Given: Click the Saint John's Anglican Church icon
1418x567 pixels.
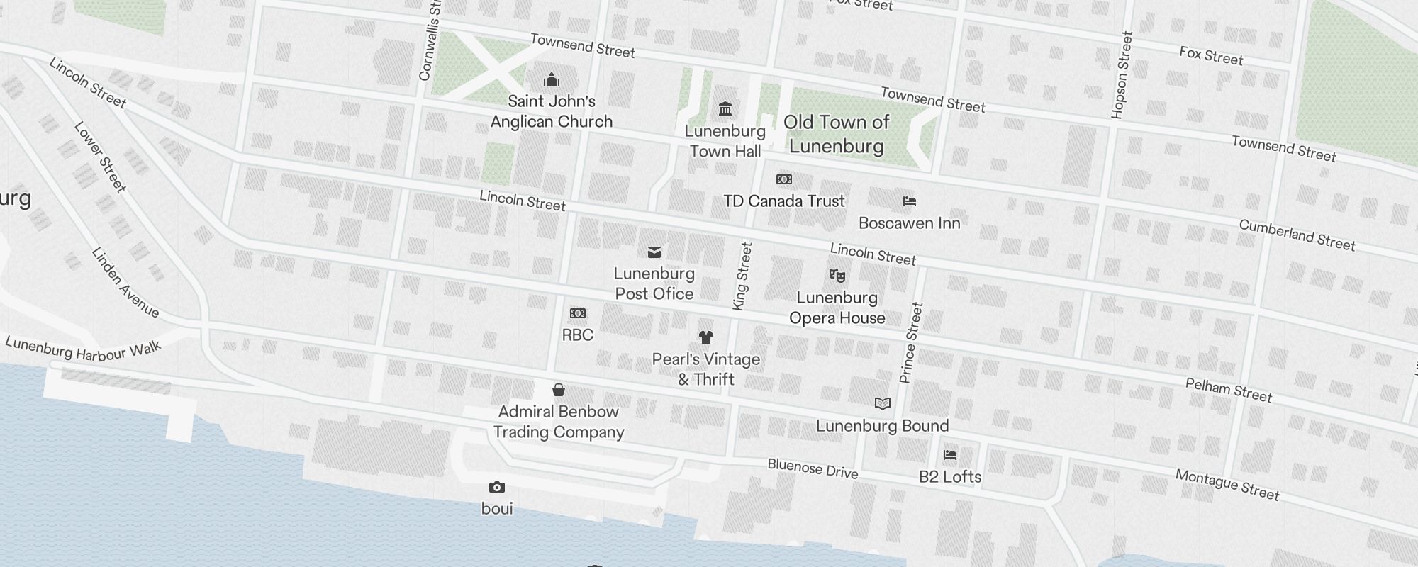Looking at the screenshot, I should (552, 79).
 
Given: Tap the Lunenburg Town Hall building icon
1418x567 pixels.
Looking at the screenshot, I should (725, 109).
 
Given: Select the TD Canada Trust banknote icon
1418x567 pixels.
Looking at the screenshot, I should (784, 179).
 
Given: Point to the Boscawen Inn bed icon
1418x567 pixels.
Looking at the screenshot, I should (910, 201).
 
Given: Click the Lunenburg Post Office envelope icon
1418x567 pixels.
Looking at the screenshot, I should (654, 252).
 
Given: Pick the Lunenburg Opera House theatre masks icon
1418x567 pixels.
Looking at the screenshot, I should (837, 275).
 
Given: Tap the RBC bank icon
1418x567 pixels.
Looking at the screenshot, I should (578, 313).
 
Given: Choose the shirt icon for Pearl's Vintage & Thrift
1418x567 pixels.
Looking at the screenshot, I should (705, 337).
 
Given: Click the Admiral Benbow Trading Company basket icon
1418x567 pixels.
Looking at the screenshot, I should (559, 390).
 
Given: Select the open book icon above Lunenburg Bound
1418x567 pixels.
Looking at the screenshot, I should (883, 404).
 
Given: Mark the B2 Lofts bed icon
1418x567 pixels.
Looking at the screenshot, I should (950, 454).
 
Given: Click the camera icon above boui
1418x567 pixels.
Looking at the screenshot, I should (497, 487).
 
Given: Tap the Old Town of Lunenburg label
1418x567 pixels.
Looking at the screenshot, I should (837, 134).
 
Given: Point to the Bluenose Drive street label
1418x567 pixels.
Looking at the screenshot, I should (813, 468).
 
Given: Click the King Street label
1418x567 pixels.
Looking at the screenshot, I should (742, 276).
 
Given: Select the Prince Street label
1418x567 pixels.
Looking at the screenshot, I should (911, 343).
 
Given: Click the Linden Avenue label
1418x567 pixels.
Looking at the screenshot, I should (125, 282).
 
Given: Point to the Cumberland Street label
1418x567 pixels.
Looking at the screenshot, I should (1297, 235).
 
